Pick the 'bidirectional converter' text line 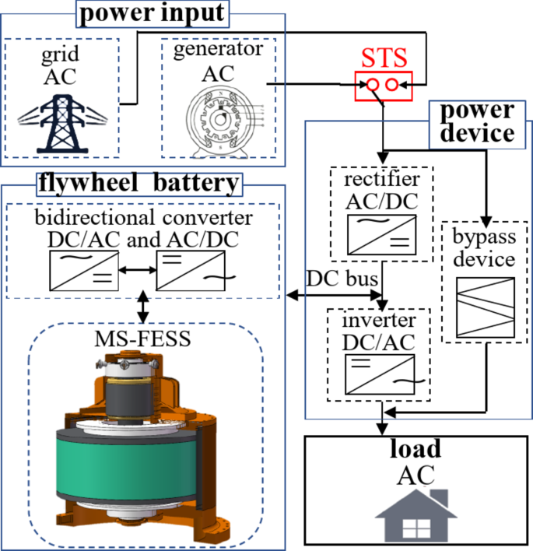[x=142, y=215]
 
